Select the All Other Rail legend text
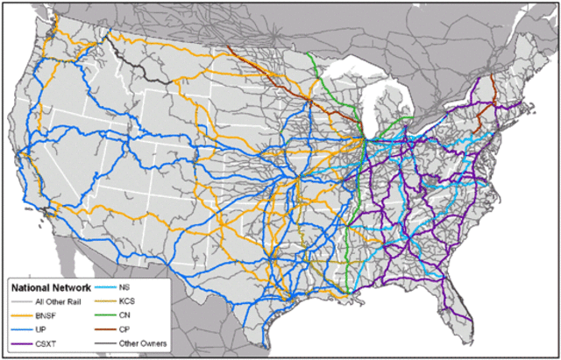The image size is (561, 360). (54, 300)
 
